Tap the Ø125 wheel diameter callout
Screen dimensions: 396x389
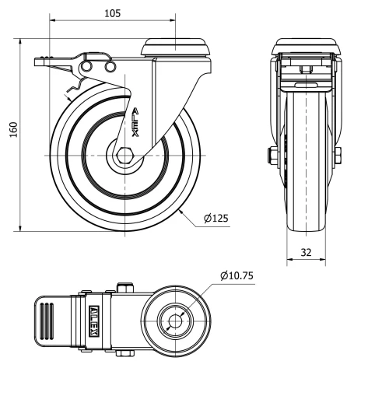[216, 219]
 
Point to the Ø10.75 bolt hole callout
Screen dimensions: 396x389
[237, 275]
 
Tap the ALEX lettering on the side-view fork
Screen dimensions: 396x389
[136, 122]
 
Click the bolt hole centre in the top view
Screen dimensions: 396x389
[174, 321]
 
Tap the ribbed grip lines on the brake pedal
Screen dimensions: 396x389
[46, 320]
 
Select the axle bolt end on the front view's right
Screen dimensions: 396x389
[341, 157]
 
